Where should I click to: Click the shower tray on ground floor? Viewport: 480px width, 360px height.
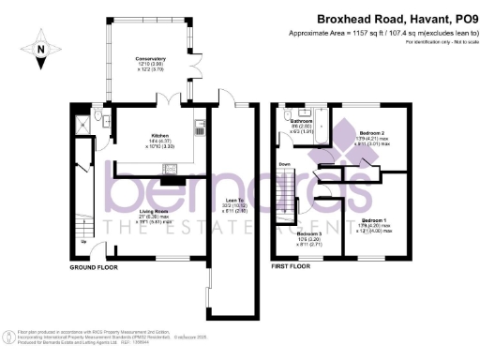(x=84, y=119)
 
